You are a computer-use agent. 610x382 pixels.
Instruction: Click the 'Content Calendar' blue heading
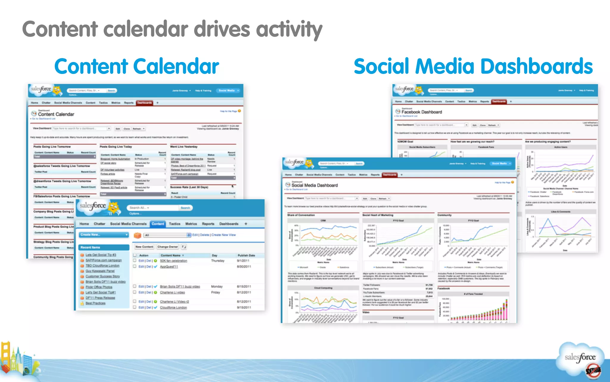[137, 66]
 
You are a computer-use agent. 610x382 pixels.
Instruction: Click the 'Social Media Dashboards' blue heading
[473, 66]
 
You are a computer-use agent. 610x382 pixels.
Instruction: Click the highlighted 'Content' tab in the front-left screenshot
[158, 224]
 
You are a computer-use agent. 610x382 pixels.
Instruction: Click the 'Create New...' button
[103, 235]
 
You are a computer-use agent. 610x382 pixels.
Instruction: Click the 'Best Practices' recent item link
[95, 303]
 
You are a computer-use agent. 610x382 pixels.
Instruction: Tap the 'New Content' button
[144, 247]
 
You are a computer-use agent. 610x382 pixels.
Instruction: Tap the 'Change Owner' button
[167, 247]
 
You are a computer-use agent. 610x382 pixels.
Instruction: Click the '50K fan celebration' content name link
[173, 261]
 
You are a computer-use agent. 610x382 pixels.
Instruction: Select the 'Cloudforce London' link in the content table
[173, 307]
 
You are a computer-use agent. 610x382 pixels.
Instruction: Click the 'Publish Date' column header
[246, 255]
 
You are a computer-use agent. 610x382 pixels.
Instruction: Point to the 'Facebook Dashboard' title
[421, 112]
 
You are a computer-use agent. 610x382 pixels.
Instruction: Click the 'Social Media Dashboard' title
[315, 185]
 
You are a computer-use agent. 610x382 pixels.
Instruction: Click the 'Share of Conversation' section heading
[301, 215]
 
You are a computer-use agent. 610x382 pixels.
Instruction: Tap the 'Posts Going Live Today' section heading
[116, 147]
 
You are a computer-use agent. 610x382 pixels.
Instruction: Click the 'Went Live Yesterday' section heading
[183, 147]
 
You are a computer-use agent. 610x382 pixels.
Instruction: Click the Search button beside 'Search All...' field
[185, 208]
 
